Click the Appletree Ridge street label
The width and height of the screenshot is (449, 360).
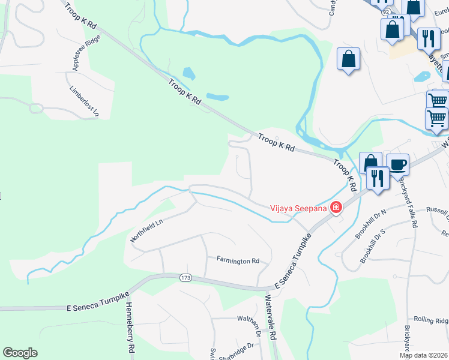point(85,53)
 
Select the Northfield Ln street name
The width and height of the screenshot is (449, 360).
point(147,230)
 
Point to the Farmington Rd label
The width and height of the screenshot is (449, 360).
point(238,261)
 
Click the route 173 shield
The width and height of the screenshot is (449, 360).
point(185,278)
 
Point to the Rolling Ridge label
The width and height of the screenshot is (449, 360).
point(431,321)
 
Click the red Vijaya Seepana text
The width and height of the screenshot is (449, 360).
point(298,208)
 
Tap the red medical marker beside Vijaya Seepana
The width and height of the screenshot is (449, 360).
point(336,208)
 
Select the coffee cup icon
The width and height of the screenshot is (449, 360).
point(397,164)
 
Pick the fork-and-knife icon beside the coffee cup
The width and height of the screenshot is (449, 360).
point(378,178)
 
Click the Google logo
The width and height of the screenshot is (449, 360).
point(20,353)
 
